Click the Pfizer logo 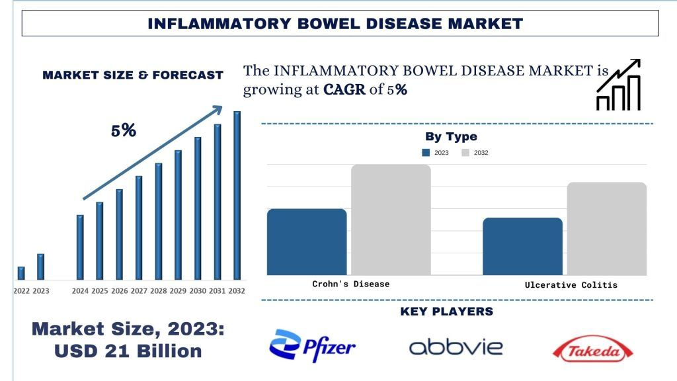(313, 346)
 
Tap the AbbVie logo (456, 347)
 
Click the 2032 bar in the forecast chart (237, 195)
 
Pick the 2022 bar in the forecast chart (21, 273)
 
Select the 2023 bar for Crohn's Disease (307, 241)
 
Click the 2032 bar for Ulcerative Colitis (606, 228)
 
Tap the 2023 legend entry (436, 153)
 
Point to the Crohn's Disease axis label (350, 284)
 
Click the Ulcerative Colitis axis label (571, 284)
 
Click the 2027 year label (139, 290)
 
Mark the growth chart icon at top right (619, 84)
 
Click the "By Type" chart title (451, 137)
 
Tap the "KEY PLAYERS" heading (447, 312)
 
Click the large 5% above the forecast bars (124, 130)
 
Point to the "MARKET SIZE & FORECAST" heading (133, 75)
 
